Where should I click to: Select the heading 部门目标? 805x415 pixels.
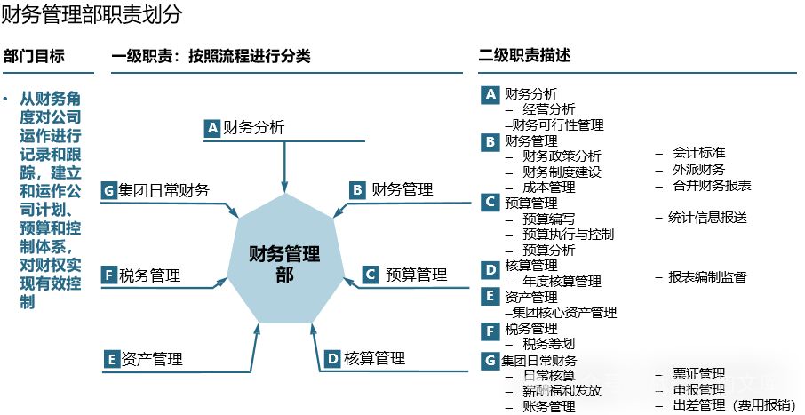click(34, 55)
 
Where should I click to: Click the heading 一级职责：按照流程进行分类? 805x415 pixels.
click(211, 56)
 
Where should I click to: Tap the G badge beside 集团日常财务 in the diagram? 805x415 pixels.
click(109, 190)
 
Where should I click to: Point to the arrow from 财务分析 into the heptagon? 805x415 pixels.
click(284, 164)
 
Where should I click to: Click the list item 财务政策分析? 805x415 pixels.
click(562, 156)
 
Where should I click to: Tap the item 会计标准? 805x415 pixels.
click(698, 153)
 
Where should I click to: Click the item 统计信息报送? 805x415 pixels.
click(707, 218)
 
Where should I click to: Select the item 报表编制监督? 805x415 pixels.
click(707, 277)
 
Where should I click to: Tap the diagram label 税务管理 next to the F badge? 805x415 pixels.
click(150, 275)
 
